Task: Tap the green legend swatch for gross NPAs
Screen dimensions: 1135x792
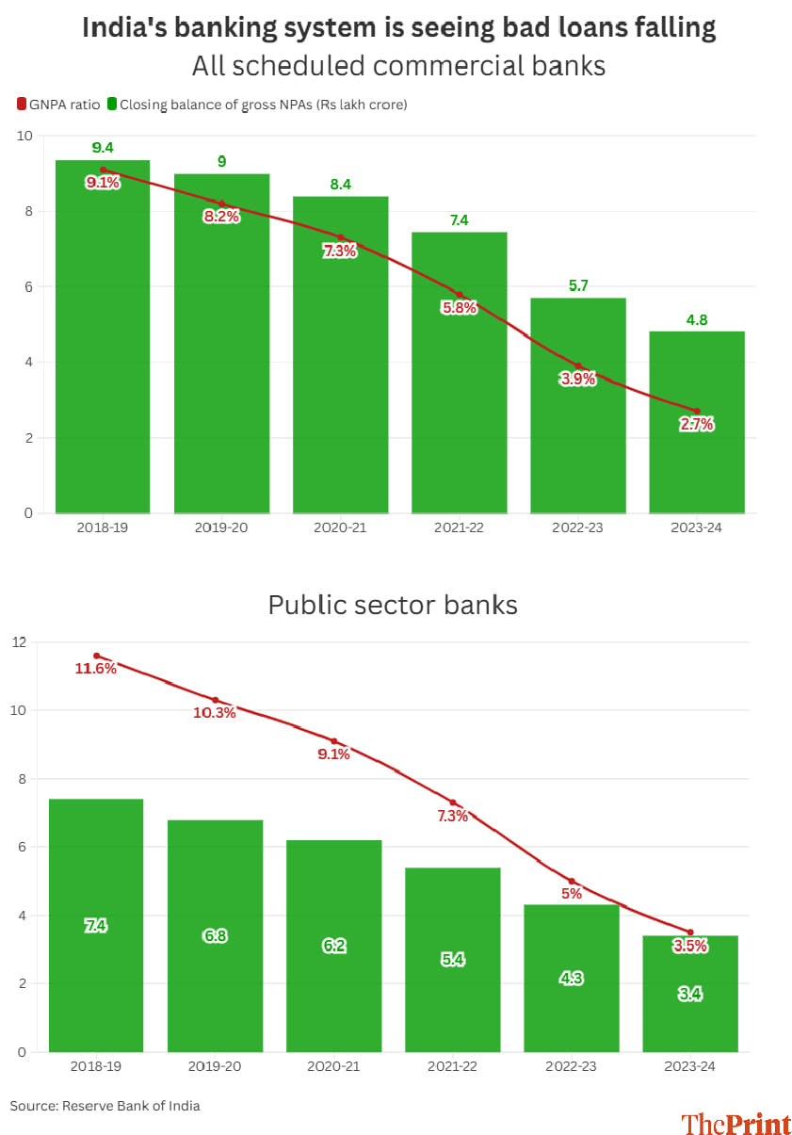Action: (111, 105)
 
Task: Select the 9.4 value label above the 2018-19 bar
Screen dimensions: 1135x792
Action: (103, 148)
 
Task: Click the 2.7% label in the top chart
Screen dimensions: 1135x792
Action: (697, 425)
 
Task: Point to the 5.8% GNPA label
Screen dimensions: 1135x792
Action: (460, 308)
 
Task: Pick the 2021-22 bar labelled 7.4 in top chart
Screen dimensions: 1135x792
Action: (460, 377)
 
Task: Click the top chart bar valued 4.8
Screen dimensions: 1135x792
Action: (697, 424)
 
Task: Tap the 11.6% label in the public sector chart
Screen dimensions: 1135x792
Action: (96, 669)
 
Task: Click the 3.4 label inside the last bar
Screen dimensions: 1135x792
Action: (690, 994)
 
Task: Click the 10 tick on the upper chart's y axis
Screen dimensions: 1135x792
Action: (24, 136)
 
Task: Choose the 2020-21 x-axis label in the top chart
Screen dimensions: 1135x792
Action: (340, 528)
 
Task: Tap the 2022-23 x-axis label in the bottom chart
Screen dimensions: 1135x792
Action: (572, 1066)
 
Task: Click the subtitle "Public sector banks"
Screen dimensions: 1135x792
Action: (393, 605)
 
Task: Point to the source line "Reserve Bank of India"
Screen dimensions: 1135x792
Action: (131, 1106)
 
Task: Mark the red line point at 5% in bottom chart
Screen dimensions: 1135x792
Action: (572, 882)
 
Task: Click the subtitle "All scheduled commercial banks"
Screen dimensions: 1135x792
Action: (398, 67)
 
